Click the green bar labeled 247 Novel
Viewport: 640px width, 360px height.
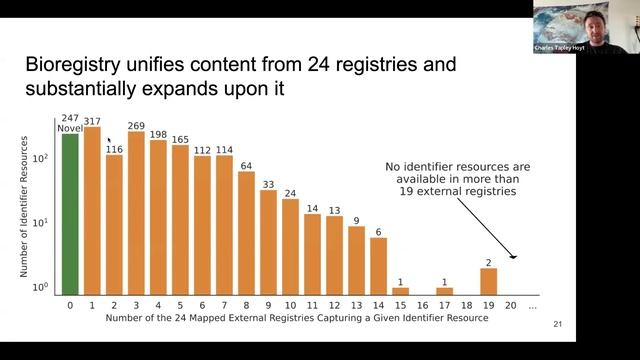(x=70, y=214)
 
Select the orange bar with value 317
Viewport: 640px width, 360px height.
(x=92, y=210)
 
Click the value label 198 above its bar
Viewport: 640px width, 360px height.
(x=158, y=133)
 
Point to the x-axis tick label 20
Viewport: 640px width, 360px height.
(x=511, y=304)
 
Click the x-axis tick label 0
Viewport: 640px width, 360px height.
(x=70, y=304)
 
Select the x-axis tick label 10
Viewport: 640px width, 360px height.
(x=290, y=304)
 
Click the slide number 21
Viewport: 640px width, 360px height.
(x=557, y=325)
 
